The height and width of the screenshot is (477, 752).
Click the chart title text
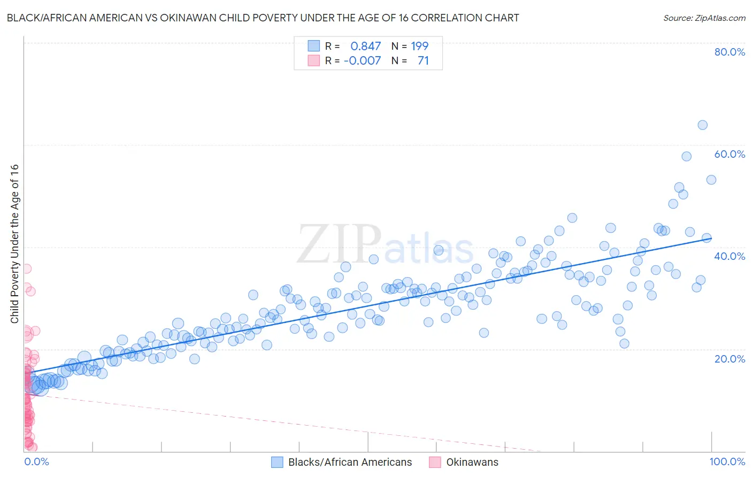263,18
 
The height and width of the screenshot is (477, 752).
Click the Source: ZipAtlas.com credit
704,18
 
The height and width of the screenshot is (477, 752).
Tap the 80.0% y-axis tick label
730,52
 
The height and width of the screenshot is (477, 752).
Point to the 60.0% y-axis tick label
730,154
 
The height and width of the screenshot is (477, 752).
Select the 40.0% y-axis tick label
730,256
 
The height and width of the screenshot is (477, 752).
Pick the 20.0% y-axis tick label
730,359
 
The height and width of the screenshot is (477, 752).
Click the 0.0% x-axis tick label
36,461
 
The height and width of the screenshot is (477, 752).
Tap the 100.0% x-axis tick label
727,461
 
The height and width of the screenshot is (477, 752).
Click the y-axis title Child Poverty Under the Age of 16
15,243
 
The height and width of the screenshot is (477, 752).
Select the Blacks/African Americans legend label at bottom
350,462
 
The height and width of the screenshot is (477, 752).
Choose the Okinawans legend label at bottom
472,462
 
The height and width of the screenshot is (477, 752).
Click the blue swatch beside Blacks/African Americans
277,462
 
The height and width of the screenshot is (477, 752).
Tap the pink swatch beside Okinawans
435,462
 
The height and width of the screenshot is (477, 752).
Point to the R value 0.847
366,47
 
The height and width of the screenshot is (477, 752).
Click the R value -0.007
362,60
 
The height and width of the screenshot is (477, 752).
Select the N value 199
419,47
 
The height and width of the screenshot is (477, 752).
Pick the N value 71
423,60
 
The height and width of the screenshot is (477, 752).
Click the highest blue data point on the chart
702,125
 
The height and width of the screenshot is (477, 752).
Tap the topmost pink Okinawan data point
26,268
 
